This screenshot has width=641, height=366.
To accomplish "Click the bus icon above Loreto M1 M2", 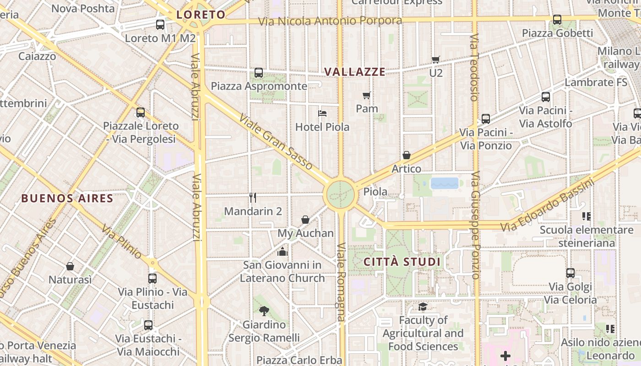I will coord(160,25).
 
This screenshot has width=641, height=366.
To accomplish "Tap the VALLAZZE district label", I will coord(355,72).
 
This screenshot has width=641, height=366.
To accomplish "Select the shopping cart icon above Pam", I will coord(366,95).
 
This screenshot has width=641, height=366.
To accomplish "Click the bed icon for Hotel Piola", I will coord(322,113).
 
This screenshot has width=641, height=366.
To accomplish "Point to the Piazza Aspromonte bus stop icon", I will coord(259,72).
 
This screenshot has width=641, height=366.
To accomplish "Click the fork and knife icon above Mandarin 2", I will coord(253,198).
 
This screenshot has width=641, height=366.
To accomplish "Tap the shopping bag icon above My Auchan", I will coord(305,220).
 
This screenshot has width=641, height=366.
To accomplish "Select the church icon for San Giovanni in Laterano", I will coord(282,252).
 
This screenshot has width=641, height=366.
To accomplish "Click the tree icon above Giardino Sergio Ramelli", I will coord(264,311).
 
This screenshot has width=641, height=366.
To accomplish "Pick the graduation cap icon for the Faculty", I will coord(423,307).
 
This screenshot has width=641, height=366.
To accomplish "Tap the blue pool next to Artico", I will coord(444,183).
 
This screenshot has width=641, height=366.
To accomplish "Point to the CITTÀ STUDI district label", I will coord(402,262).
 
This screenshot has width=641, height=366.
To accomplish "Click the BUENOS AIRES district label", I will coord(67,198).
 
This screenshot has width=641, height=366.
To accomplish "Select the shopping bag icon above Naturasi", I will coord(70,266).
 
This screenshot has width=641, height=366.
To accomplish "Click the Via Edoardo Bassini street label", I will coord(547,205).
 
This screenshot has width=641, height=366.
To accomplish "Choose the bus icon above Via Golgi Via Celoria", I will coord(570,273).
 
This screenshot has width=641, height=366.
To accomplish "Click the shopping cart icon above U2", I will coord(435,59).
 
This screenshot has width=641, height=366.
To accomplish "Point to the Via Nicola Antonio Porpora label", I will coord(330,21).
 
